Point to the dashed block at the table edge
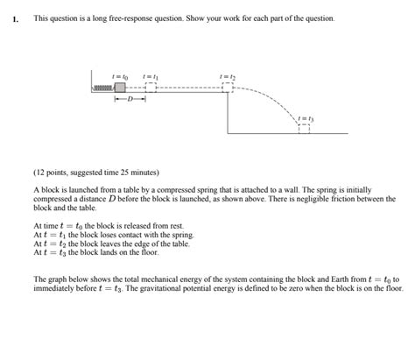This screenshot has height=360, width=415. point(228,87)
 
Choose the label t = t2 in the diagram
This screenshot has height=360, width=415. point(228,75)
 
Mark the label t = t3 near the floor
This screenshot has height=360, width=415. point(305,116)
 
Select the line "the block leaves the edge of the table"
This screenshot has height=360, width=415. point(126,244)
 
